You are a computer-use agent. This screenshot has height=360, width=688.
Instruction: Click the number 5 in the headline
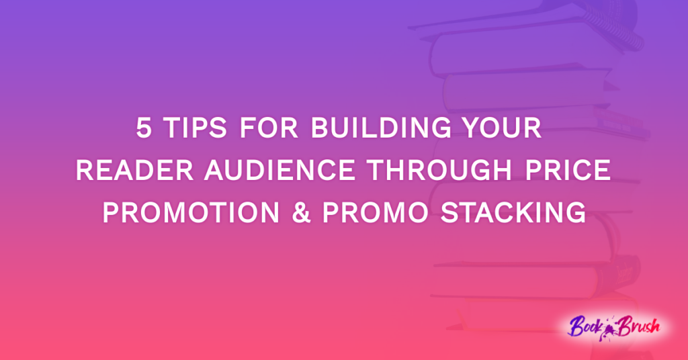(x=144, y=128)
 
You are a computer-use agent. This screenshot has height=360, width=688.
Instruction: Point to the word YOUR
(x=502, y=128)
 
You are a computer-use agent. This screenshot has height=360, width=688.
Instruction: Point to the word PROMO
(x=374, y=213)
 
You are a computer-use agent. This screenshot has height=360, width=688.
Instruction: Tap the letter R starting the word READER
(x=84, y=171)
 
